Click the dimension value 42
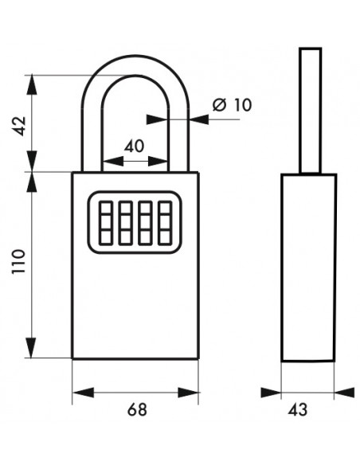point(21,126)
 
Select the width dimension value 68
point(137,410)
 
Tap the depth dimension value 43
point(298,410)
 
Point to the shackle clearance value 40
point(134,147)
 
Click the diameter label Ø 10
point(233,104)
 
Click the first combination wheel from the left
point(106,223)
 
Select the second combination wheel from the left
point(125,223)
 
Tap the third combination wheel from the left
point(145,223)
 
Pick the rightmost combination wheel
point(165,223)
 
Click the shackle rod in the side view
point(310,111)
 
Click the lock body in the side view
point(308,268)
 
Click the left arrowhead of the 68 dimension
point(84,393)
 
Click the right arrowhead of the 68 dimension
point(188,393)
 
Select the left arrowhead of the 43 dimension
point(271,393)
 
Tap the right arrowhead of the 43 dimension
point(344,393)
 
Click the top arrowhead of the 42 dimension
point(32,85)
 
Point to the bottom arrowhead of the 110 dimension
point(31,348)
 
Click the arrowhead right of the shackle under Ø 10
point(198,119)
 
